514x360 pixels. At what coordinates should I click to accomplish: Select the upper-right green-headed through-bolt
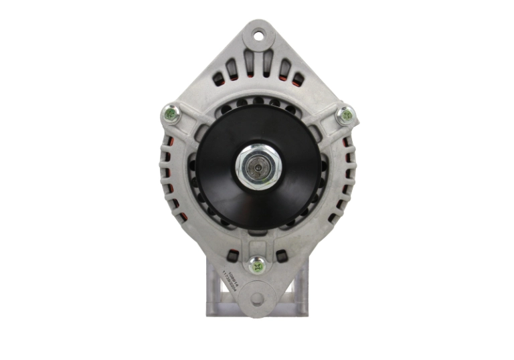(x=345, y=116)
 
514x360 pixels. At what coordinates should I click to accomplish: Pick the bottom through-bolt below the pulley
(x=257, y=266)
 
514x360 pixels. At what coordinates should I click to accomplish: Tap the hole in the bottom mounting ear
(x=257, y=298)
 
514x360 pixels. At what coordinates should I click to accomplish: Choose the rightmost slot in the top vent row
(x=298, y=80)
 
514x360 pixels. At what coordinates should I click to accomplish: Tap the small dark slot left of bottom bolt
(x=232, y=256)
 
